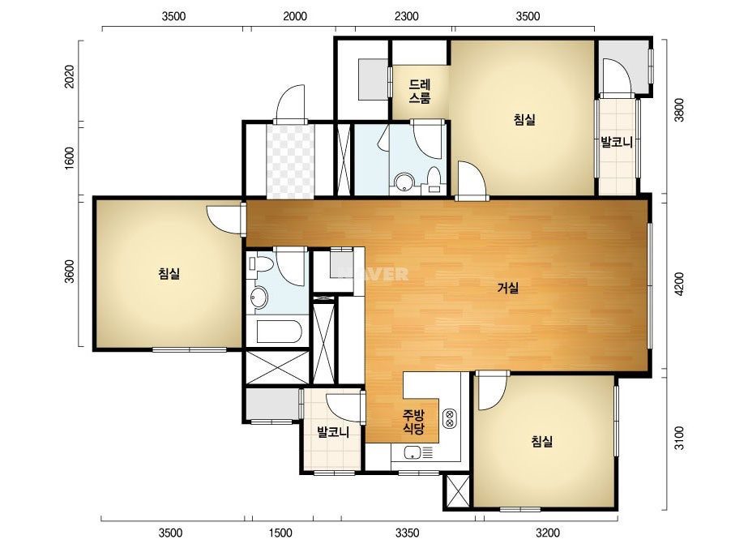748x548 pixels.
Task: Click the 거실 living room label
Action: [507, 288]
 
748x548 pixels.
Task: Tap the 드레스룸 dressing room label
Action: [420, 92]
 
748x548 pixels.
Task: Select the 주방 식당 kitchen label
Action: [413, 422]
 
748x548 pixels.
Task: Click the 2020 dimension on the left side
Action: [70, 76]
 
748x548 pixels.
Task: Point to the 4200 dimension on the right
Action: [679, 284]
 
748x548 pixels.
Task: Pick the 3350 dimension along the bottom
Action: [408, 533]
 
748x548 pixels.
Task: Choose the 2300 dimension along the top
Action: [407, 16]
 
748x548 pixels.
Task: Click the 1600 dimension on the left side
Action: [70, 157]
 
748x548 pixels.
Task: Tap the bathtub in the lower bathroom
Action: [279, 332]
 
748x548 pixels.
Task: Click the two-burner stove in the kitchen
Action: [450, 418]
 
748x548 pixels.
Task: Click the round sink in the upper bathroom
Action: [404, 182]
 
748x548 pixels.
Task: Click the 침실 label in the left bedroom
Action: [169, 273]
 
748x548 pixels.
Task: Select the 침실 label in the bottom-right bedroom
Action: [542, 441]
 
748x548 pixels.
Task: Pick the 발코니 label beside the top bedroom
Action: [617, 142]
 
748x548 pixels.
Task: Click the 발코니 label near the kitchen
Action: [333, 432]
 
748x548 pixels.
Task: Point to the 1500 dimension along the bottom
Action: [280, 533]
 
